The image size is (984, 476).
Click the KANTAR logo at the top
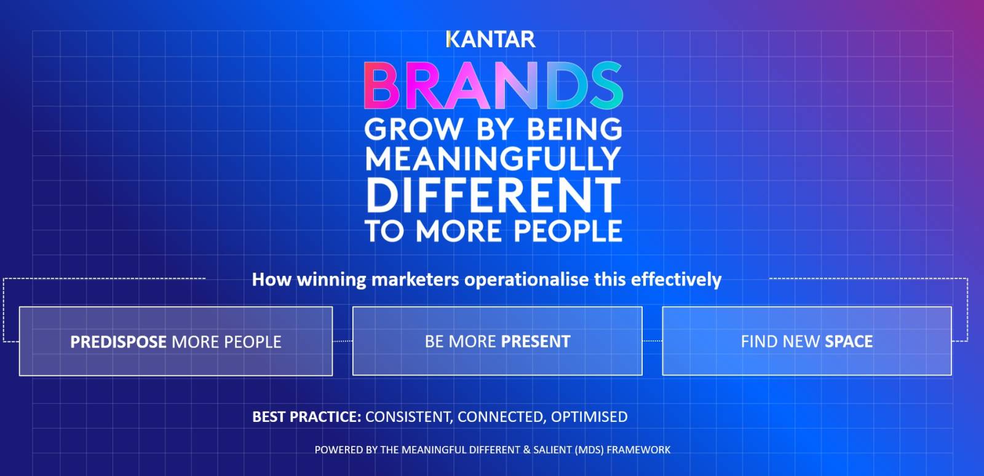(491, 39)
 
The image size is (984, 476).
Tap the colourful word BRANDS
(493, 85)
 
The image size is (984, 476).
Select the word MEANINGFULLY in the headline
(493, 159)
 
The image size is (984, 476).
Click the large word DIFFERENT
(493, 196)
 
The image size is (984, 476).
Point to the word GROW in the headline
(413, 129)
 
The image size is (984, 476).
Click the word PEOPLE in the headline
(568, 231)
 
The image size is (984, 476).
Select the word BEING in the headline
(574, 129)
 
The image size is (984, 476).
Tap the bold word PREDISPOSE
(118, 341)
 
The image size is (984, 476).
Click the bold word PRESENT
(536, 341)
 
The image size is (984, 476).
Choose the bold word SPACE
(849, 341)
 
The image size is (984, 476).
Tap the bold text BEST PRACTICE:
(307, 416)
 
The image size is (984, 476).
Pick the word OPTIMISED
(589, 416)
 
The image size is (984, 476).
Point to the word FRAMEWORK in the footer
(639, 450)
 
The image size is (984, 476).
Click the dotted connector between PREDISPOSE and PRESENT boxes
(343, 341)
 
